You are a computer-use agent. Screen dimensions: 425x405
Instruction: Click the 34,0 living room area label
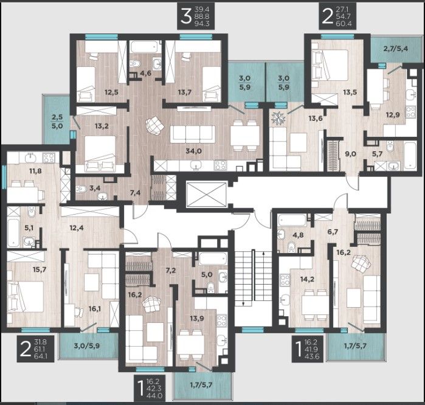coord(193,151)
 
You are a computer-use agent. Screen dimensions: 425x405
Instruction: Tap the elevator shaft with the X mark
coord(206,194)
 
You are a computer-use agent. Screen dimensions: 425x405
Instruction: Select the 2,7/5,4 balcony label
coord(396,49)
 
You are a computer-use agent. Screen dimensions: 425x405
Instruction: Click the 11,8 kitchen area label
coord(35,171)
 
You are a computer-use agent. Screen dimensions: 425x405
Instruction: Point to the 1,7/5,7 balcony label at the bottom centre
coord(201,385)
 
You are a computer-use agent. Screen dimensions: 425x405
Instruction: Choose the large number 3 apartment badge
coord(186,16)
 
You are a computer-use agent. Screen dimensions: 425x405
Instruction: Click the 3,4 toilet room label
coord(95,188)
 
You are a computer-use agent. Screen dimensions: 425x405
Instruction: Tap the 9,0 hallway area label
coord(351,154)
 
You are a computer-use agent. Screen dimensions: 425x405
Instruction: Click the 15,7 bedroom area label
coord(40,269)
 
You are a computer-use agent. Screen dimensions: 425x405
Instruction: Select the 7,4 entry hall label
coord(135,193)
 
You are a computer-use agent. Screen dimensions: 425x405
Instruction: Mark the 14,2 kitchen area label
coord(308,279)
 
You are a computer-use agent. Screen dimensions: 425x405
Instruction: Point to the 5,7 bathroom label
coord(378,154)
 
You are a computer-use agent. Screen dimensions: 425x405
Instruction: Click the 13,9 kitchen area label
coord(197,319)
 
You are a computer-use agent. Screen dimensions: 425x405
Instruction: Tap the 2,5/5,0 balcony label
coord(57,122)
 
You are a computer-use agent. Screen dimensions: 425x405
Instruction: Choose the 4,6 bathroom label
coord(146,73)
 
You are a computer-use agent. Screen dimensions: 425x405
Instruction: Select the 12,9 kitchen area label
coord(393,115)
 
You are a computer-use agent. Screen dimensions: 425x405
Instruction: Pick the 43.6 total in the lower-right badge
coord(314,357)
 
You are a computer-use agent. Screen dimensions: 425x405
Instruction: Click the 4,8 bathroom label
coord(298,235)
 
